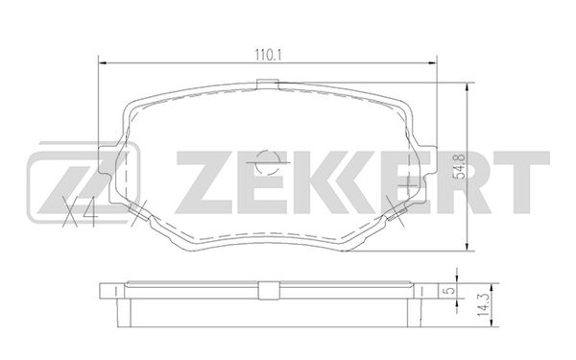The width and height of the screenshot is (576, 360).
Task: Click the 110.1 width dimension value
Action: tap(268, 55)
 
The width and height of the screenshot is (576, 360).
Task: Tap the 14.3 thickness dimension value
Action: tap(485, 305)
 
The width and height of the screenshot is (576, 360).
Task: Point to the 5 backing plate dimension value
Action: tap(450, 291)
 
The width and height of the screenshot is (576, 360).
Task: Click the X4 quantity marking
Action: tap(80, 211)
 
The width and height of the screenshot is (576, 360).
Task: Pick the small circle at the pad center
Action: tap(268, 162)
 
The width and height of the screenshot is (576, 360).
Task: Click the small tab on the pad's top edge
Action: tap(268, 84)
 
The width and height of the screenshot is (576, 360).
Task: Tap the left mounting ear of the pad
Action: tap(108, 161)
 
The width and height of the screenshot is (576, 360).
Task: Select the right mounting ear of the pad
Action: tap(427, 160)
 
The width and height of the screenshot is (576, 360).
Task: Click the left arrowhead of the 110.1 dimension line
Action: tap(103, 63)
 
